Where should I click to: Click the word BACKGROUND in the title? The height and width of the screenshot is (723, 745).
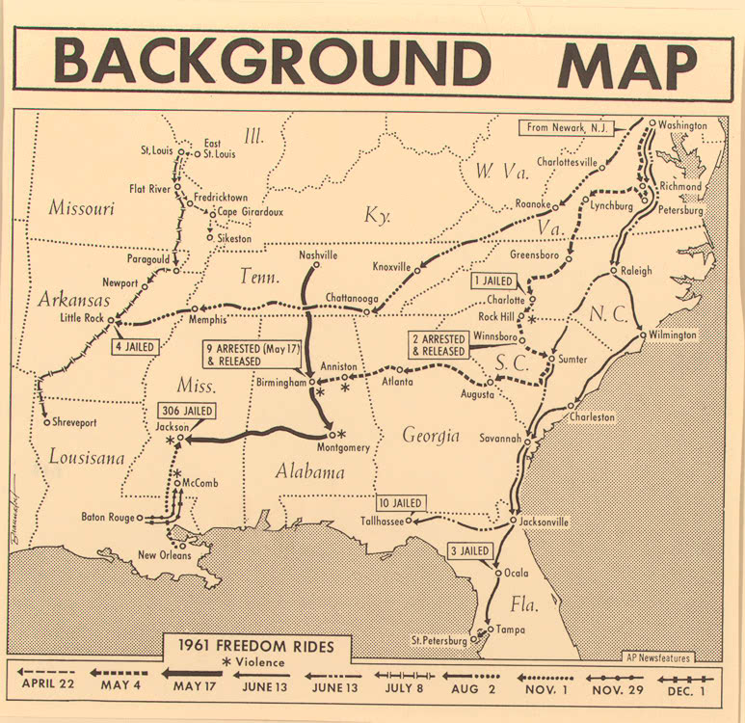coord(272,63)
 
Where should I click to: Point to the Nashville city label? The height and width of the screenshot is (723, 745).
coord(318,255)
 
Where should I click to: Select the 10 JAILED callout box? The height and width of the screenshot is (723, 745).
coord(400,502)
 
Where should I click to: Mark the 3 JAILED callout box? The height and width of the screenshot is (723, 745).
coord(469,550)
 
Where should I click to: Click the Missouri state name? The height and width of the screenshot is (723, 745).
coord(82,207)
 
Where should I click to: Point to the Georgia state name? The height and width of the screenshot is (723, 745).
coord(431,436)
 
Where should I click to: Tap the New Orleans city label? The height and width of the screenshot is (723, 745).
coord(160,554)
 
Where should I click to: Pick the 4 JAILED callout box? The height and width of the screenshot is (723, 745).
coord(136,346)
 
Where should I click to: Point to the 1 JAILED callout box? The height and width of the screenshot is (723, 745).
coord(494,281)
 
